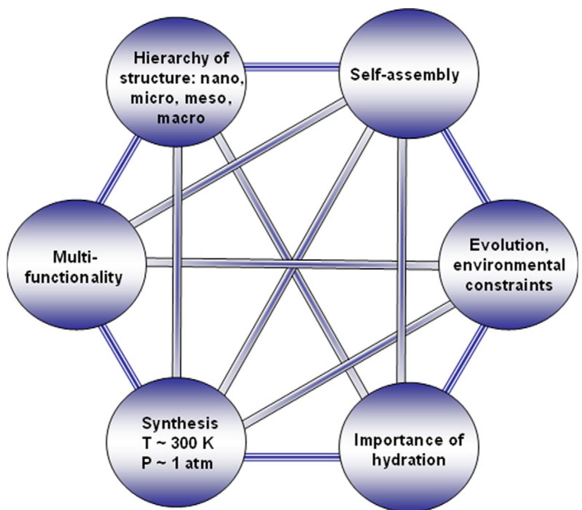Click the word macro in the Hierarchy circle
174,118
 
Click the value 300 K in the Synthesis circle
195,442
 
